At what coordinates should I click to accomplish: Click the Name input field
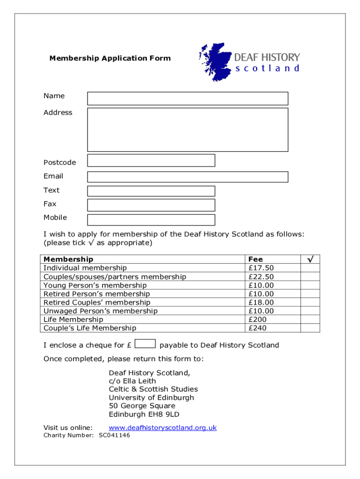[x=187, y=98]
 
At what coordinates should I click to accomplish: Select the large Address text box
[x=187, y=130]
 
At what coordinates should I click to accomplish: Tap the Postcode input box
[x=151, y=160]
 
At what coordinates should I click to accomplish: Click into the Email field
[x=187, y=177]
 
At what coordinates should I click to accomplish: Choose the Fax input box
[x=151, y=205]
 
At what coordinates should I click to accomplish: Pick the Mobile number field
[x=151, y=220]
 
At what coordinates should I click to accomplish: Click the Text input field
[x=151, y=191]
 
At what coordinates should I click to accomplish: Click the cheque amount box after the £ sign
[x=145, y=344]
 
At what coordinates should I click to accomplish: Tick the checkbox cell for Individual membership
[x=310, y=268]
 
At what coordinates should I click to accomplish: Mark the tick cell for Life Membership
[x=310, y=319]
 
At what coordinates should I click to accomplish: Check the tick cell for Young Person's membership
[x=310, y=285]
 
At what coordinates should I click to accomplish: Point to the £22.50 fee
[x=261, y=277]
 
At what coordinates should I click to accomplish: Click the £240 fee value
[x=257, y=328]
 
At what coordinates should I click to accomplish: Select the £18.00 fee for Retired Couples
[x=261, y=303]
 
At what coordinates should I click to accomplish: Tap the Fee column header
[x=256, y=259]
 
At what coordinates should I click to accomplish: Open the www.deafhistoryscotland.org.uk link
[x=163, y=428]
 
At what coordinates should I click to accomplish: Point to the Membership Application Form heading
[x=110, y=58]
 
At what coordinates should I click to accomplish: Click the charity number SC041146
[x=114, y=435]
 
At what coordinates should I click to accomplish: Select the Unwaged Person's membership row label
[x=101, y=311]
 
